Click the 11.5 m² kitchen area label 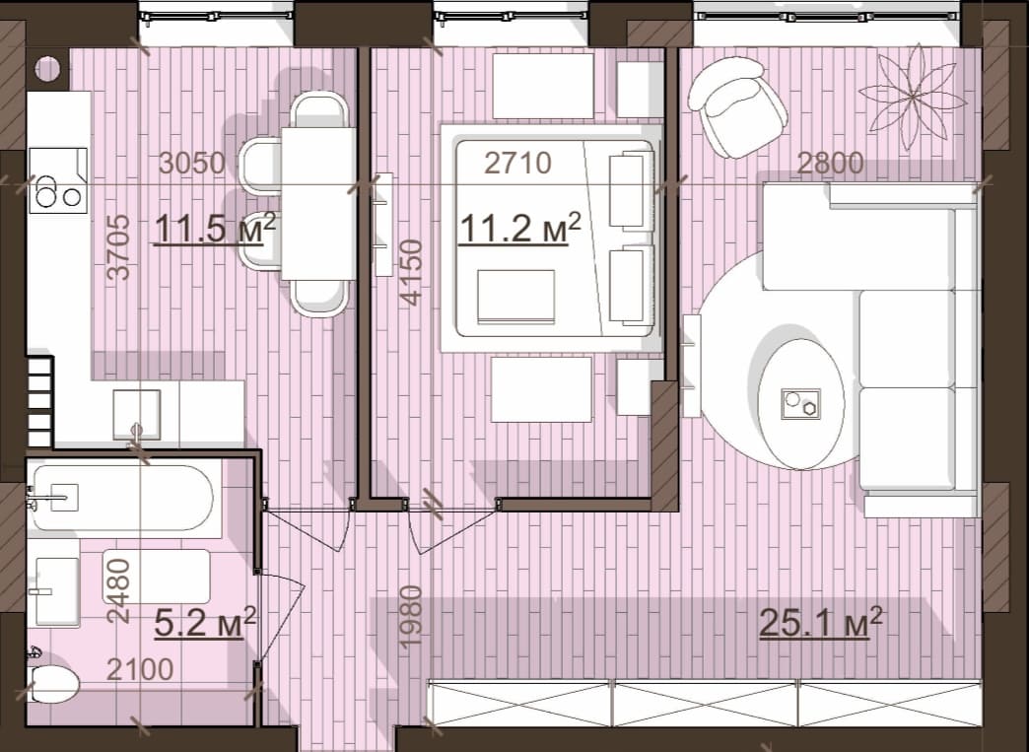(x=215, y=229)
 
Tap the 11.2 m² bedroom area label (x=519, y=229)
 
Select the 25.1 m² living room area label (x=820, y=622)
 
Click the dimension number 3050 (x=192, y=163)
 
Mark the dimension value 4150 (x=411, y=272)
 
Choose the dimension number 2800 (x=830, y=163)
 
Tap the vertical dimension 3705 (x=119, y=247)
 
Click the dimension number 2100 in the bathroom (x=140, y=669)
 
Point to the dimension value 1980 (x=411, y=618)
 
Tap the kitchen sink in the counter (x=136, y=415)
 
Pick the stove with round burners (x=58, y=180)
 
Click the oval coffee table (x=800, y=403)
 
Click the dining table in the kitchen (x=318, y=203)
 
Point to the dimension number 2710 (x=517, y=163)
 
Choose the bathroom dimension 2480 (x=119, y=590)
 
